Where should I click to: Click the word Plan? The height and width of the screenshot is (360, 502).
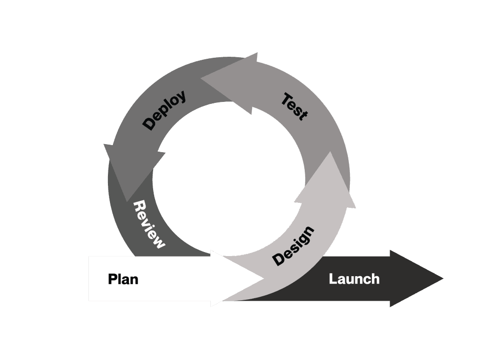(x=123, y=279)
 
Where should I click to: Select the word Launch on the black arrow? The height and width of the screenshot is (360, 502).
(x=354, y=279)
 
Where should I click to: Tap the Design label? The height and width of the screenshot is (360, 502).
(x=293, y=246)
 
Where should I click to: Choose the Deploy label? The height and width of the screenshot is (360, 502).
(x=164, y=110)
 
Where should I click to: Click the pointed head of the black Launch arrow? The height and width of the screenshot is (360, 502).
(x=416, y=279)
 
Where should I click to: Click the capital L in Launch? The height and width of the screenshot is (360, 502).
(x=333, y=279)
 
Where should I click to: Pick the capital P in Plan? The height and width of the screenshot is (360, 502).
(x=112, y=279)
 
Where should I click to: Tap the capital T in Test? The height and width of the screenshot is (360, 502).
(x=287, y=99)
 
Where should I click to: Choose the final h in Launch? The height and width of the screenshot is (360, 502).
(x=375, y=279)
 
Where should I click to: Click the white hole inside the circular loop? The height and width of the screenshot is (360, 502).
(x=228, y=179)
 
